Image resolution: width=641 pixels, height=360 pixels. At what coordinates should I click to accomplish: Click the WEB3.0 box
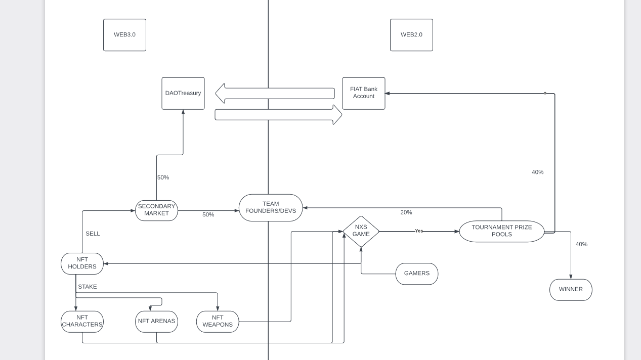[124, 35]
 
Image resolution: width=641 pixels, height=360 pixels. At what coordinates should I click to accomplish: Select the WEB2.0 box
[411, 35]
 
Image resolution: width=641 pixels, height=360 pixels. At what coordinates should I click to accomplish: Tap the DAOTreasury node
[183, 93]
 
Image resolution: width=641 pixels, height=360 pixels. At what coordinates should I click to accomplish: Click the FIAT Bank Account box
[363, 93]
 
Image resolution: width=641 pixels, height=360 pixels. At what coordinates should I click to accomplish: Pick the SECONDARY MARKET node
[156, 210]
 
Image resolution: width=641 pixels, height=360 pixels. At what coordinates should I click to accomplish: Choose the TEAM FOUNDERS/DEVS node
[271, 207]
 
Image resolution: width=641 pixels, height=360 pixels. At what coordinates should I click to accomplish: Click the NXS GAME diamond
[361, 231]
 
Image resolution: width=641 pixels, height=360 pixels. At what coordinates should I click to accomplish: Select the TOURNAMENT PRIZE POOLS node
[501, 231]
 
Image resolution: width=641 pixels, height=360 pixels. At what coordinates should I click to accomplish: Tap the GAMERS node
[416, 274]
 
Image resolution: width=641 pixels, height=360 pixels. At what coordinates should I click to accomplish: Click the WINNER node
[571, 290]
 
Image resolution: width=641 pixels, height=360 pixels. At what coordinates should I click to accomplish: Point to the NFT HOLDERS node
[82, 263]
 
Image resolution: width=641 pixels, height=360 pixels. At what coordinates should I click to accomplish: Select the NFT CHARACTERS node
[82, 322]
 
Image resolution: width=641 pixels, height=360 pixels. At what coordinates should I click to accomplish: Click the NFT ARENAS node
[156, 322]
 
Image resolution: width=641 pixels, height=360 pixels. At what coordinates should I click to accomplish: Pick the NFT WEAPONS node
[218, 322]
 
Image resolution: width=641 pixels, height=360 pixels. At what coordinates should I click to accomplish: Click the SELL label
[93, 234]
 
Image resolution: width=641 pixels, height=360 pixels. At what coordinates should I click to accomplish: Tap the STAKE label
[87, 287]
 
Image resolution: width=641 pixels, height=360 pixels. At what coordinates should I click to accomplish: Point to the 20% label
[406, 212]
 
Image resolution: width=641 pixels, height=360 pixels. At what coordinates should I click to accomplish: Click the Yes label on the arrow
[419, 231]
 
